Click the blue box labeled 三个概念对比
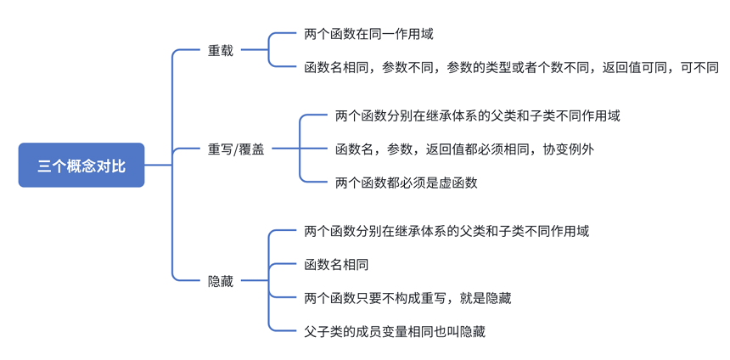pyautogui.click(x=81, y=166)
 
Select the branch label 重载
pyautogui.click(x=221, y=50)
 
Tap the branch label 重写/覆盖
pyautogui.click(x=235, y=149)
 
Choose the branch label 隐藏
pyautogui.click(x=221, y=281)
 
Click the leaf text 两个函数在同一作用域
pyautogui.click(x=368, y=34)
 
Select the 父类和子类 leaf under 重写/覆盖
pyautogui.click(x=477, y=115)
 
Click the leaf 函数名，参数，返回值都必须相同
pyautogui.click(x=464, y=149)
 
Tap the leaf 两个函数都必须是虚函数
pyautogui.click(x=407, y=183)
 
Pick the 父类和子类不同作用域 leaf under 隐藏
pyautogui.click(x=446, y=231)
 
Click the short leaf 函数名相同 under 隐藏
pyautogui.click(x=336, y=265)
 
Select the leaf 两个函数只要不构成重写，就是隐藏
pyautogui.click(x=407, y=298)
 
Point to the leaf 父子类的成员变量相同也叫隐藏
pyautogui.click(x=395, y=331)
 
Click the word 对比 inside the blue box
pyautogui.click(x=112, y=166)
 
